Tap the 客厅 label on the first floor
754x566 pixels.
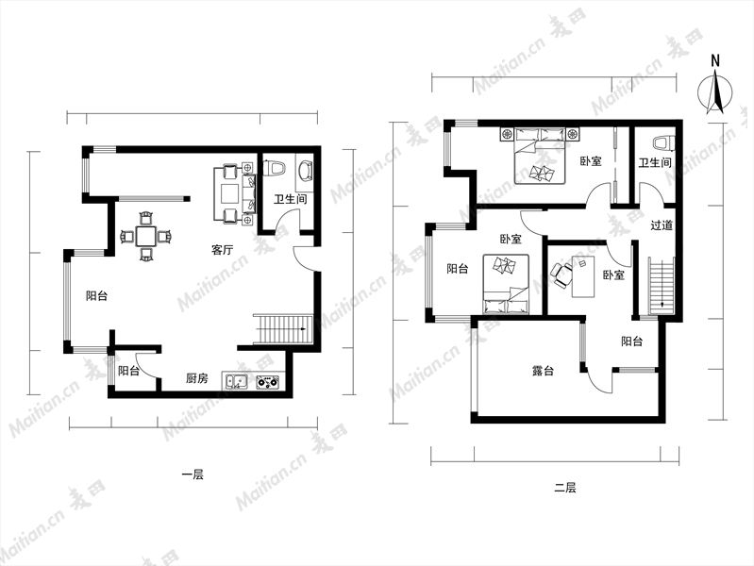tap(223, 250)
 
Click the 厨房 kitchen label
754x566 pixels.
tap(197, 378)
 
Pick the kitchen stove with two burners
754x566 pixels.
tap(267, 382)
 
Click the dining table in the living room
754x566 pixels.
tap(146, 236)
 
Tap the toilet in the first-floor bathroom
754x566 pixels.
tap(275, 168)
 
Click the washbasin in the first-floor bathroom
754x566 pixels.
tap(306, 170)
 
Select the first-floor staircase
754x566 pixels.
tap(283, 329)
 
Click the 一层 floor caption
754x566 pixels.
tap(193, 475)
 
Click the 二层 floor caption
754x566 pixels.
tap(564, 488)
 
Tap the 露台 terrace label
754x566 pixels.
tap(543, 371)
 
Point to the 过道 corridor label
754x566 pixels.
tap(662, 225)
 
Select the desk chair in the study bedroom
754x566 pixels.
tap(561, 275)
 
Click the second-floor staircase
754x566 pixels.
tap(662, 286)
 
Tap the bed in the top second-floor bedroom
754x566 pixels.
tap(539, 156)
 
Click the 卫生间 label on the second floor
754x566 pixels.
tap(655, 163)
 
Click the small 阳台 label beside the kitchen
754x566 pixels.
tap(129, 371)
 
